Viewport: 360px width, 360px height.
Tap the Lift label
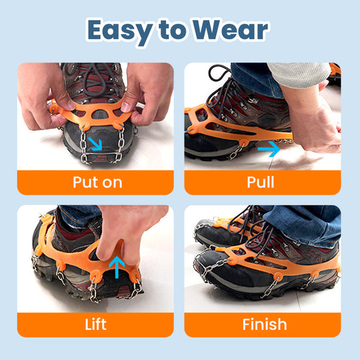click(x=95, y=325)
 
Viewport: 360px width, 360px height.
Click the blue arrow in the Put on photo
click(x=96, y=144)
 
